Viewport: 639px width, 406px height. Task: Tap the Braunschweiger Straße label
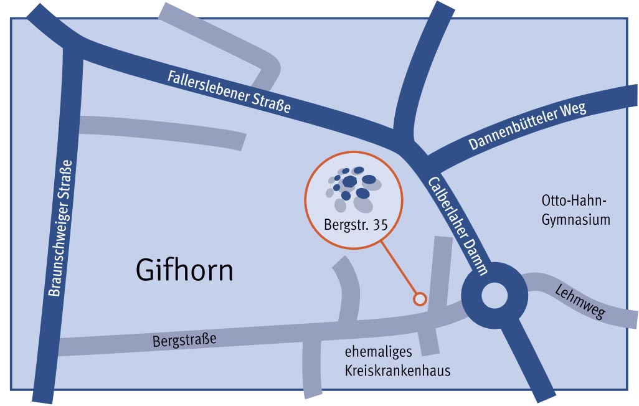pyautogui.click(x=60, y=228)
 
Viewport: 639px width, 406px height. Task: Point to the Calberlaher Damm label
pyautogui.click(x=458, y=226)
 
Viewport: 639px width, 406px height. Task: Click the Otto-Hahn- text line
pyautogui.click(x=574, y=202)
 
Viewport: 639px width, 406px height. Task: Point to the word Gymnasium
pyautogui.click(x=575, y=220)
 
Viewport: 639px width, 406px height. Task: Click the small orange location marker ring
pyautogui.click(x=420, y=300)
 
